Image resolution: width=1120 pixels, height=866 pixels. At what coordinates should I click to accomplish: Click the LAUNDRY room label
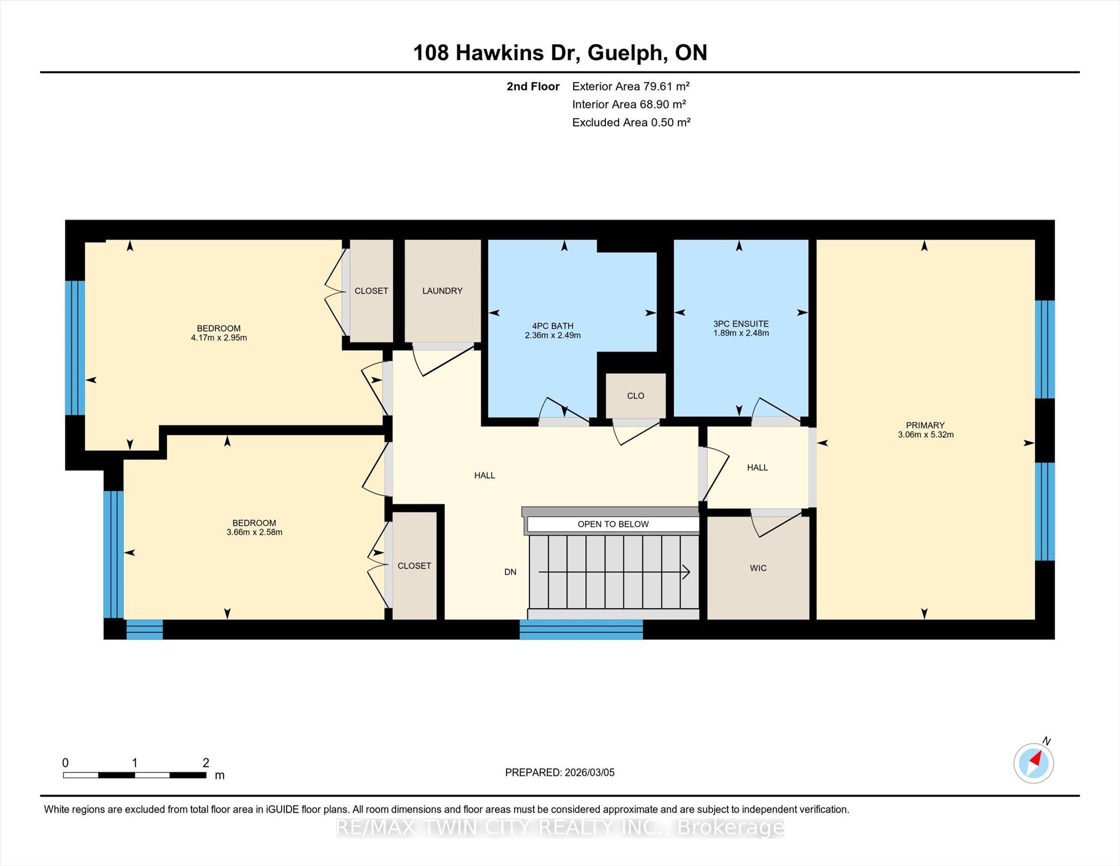[x=442, y=291]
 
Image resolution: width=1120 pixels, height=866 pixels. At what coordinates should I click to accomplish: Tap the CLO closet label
[x=635, y=396]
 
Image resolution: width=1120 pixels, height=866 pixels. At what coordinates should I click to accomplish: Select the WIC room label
[x=758, y=568]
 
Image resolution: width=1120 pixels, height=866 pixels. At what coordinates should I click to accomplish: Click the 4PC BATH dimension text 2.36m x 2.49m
[x=552, y=335]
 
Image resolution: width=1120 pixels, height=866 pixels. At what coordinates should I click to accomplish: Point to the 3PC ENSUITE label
[x=741, y=324]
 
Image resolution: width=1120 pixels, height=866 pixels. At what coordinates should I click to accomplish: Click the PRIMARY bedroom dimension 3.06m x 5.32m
[x=925, y=435]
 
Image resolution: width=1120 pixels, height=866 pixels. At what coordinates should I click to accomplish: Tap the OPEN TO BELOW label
[x=613, y=524]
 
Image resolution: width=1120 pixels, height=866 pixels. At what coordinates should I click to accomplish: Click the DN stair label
[x=510, y=572]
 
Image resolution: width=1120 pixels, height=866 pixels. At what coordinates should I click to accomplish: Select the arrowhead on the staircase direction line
[x=686, y=572]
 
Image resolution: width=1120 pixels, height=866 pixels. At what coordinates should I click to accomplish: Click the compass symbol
[x=1034, y=763]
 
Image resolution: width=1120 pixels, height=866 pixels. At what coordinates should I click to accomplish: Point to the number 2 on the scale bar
[x=206, y=763]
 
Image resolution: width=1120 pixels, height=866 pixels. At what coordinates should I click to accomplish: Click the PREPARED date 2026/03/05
[x=590, y=772]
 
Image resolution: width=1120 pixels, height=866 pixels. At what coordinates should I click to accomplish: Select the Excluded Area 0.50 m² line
[x=631, y=122]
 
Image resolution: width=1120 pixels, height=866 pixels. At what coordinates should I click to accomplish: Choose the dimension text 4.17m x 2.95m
[x=219, y=338]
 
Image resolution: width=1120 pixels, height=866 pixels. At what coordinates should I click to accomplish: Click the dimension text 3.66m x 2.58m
[x=254, y=532]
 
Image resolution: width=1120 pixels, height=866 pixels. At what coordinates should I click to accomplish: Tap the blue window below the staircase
[x=581, y=630]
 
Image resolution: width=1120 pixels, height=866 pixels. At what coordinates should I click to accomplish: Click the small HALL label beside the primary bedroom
[x=757, y=468]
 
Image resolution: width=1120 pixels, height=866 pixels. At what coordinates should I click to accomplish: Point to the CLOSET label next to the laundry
[x=371, y=291]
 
